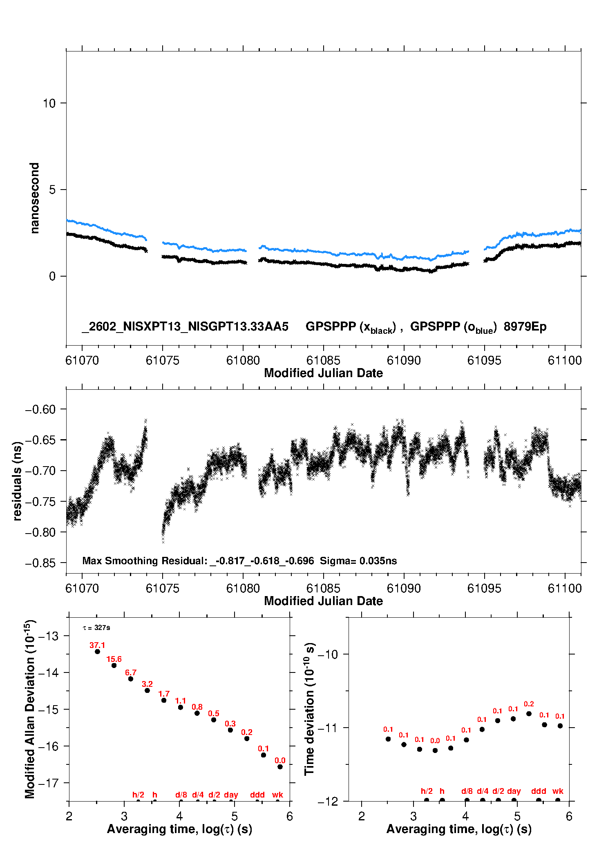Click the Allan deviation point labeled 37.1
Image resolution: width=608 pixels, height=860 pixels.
97,652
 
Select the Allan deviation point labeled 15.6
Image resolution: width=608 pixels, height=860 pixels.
114,666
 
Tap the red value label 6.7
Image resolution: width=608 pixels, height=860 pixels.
131,672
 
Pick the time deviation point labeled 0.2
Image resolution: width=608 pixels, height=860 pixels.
529,714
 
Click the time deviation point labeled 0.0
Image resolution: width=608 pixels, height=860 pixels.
435,751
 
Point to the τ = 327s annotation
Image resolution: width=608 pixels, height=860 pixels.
96,628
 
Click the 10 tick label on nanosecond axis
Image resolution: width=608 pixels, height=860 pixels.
49,103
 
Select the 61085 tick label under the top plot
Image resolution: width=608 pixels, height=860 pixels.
323,360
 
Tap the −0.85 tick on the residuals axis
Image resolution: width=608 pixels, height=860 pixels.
40,563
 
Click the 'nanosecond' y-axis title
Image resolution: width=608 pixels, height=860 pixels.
35,198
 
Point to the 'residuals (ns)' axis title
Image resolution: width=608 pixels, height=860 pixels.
17,481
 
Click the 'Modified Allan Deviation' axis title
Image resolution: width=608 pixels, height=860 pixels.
30,709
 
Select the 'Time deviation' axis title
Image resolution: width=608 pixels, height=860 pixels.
309,709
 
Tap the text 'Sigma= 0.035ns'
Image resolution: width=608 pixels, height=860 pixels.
358,561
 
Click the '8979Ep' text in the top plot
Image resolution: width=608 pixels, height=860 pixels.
525,327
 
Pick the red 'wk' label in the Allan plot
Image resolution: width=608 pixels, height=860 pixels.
277,795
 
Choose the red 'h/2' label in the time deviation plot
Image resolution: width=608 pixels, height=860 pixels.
427,791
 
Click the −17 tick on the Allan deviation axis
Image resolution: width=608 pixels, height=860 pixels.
48,783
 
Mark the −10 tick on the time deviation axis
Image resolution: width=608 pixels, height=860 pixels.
328,654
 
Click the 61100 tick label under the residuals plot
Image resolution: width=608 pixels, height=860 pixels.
565,588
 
